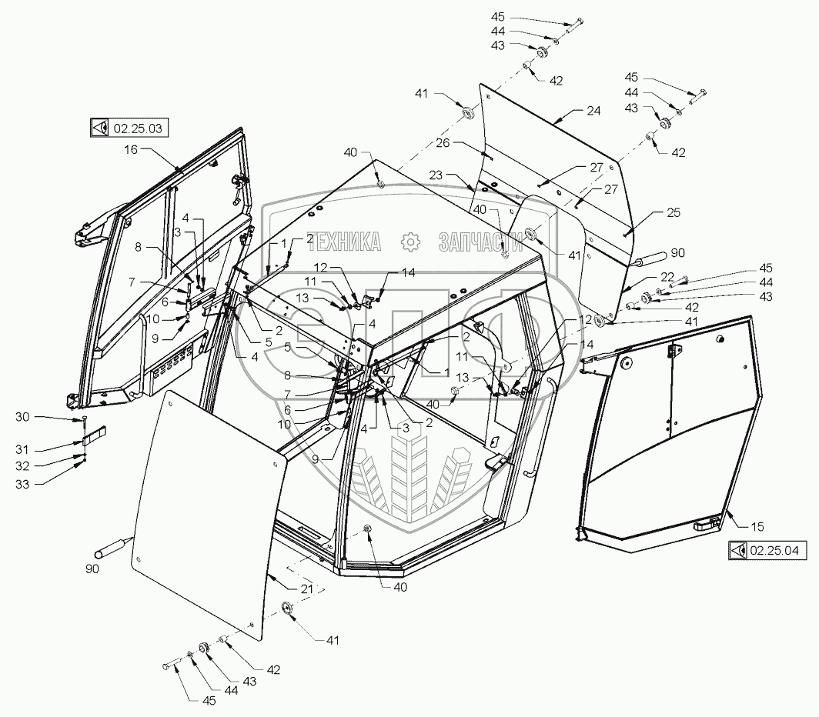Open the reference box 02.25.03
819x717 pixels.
[x=129, y=128]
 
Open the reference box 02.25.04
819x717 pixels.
[x=767, y=550]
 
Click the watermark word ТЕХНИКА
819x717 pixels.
[x=345, y=242]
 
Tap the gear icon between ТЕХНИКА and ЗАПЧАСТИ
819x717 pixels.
[x=410, y=242]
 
